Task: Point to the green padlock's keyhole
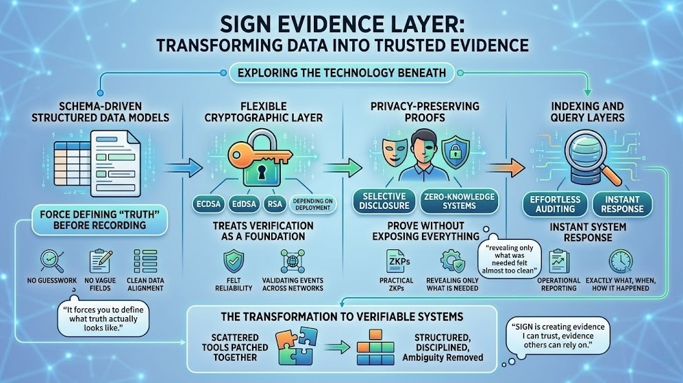(x=262, y=174)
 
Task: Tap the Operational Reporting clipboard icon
(x=559, y=262)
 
